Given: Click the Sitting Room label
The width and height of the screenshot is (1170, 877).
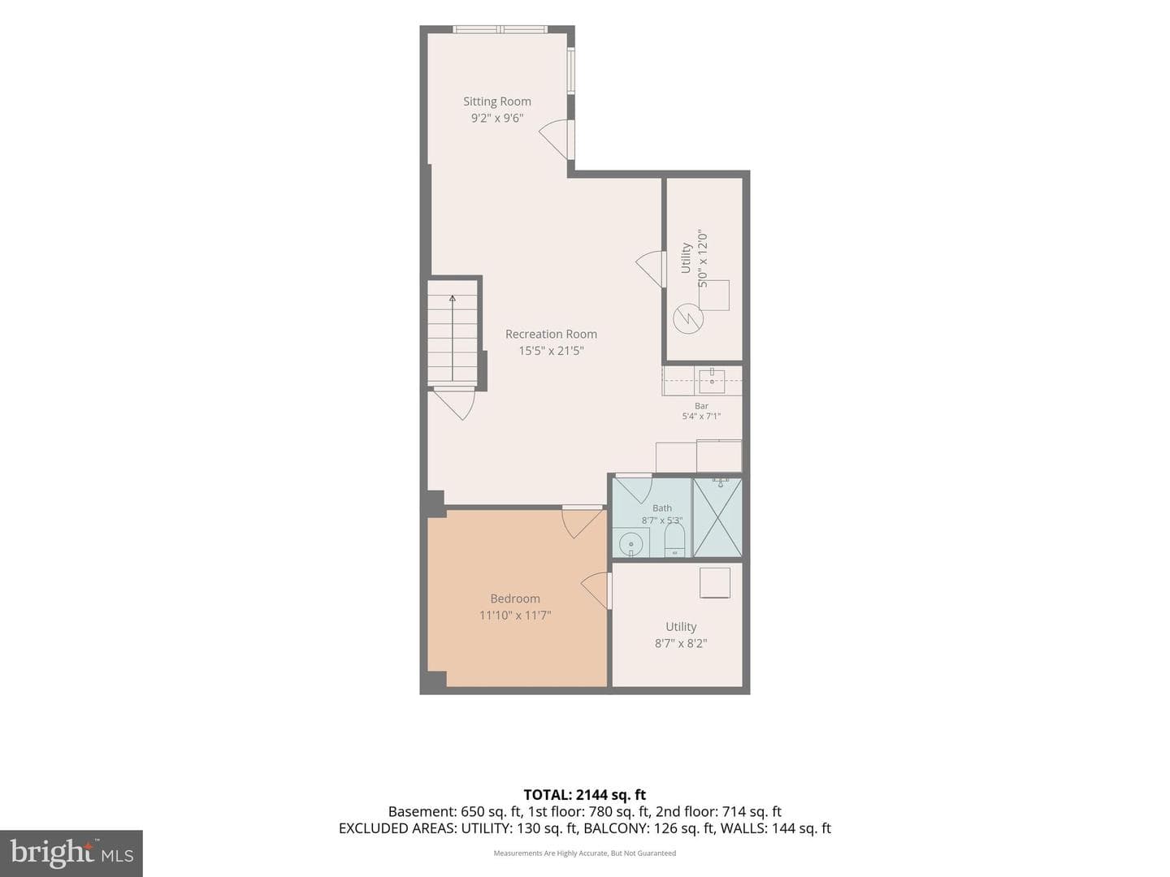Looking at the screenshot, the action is (x=496, y=102).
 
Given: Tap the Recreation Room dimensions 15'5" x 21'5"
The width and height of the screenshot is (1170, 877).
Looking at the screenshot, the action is (x=551, y=351).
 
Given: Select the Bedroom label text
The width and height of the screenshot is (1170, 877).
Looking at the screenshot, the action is (x=515, y=598).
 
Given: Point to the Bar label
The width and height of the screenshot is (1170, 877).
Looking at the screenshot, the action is (x=701, y=406).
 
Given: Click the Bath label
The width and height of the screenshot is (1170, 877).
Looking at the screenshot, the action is (x=662, y=508).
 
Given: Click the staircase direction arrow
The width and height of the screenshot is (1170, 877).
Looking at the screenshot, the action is (x=453, y=338).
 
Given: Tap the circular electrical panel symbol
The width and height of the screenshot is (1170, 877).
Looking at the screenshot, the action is (x=688, y=318).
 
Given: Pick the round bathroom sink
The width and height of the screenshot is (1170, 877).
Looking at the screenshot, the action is (x=630, y=544).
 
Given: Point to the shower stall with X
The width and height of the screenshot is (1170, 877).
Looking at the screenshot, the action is (x=717, y=517).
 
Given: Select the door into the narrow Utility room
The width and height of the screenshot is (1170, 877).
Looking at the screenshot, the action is (x=650, y=270).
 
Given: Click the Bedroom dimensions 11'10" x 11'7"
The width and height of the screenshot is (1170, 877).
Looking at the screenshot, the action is (x=515, y=616).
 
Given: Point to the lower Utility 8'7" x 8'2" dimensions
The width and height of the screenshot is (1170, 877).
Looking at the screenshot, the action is (x=681, y=643).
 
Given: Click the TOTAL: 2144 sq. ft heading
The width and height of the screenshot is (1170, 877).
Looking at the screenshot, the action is (x=585, y=795).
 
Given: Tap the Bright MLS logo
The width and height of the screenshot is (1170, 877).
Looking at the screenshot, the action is (x=71, y=853).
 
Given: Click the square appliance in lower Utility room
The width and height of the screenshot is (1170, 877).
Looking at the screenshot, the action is (x=715, y=582).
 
